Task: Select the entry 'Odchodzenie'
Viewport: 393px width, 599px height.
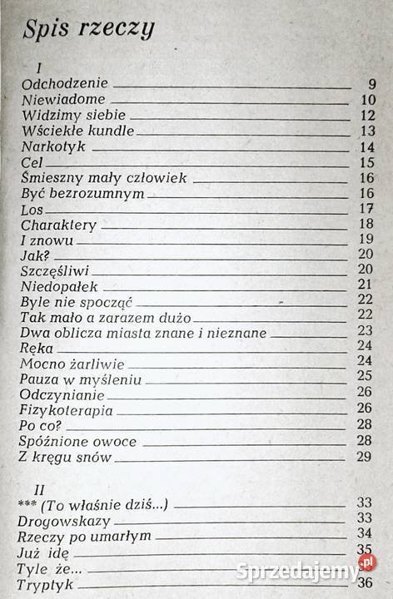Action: [64, 84]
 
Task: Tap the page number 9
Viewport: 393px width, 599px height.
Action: [371, 84]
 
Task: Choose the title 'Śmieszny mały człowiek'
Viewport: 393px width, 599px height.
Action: [103, 178]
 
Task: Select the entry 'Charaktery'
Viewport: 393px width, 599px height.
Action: [59, 225]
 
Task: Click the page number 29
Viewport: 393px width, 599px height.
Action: [363, 457]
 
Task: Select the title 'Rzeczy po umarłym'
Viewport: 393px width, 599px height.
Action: [84, 536]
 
